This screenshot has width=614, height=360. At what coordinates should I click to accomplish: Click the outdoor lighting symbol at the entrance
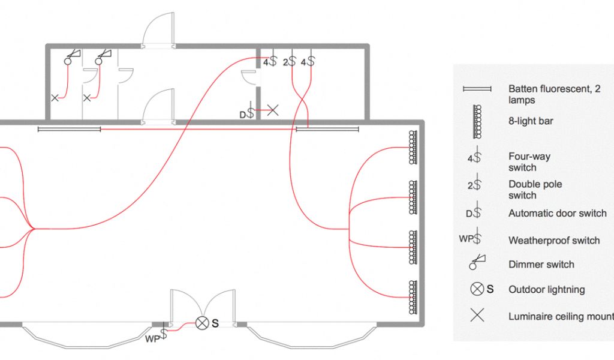click(x=203, y=323)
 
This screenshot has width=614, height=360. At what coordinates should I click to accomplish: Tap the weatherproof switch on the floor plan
click(x=163, y=334)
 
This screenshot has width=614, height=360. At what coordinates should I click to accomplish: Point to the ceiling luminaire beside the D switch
click(x=272, y=110)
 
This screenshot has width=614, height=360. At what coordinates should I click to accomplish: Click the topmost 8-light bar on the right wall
click(x=413, y=147)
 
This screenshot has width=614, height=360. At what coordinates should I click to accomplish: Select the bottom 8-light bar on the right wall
click(x=413, y=296)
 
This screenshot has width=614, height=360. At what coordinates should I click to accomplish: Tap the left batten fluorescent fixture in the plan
click(x=69, y=128)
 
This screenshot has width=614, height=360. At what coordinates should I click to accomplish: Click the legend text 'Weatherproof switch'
click(x=553, y=241)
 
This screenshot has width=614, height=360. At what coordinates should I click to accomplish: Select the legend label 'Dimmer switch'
click(x=541, y=265)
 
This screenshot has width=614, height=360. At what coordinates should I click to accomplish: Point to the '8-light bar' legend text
click(x=531, y=121)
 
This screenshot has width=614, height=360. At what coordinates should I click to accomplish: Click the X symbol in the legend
click(x=477, y=315)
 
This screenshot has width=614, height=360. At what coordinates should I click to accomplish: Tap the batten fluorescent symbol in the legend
click(x=477, y=89)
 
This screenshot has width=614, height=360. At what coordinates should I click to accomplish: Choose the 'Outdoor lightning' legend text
click(x=546, y=289)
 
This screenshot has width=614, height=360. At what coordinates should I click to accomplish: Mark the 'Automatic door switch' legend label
click(x=557, y=213)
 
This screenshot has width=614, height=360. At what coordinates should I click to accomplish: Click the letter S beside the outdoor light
click(x=215, y=323)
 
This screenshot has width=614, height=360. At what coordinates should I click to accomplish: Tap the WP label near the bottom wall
click(x=152, y=338)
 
